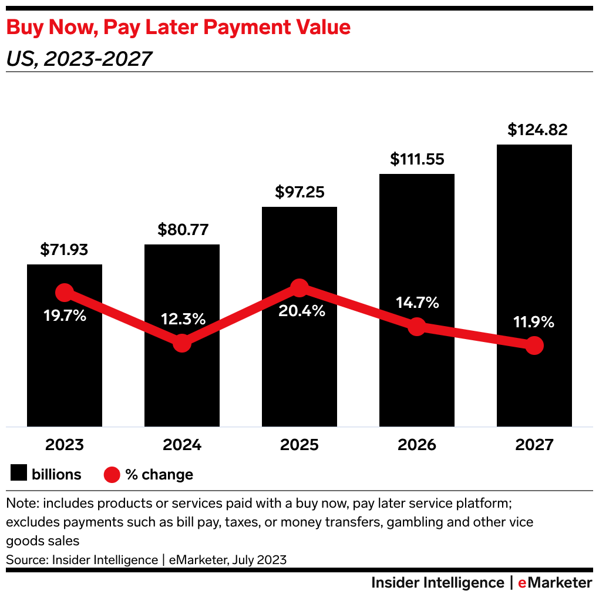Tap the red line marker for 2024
pyautogui.click(x=182, y=343)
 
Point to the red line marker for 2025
pyautogui.click(x=299, y=288)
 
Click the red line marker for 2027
pyautogui.click(x=534, y=346)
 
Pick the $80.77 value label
pyautogui.click(x=183, y=230)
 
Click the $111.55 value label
pyautogui.click(x=417, y=159)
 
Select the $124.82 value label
pyautogui.click(x=538, y=130)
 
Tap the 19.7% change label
pyautogui.click(x=65, y=316)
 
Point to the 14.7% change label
pyautogui.click(x=417, y=303)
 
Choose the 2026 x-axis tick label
pyautogui.click(x=417, y=445)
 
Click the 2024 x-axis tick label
pyautogui.click(x=182, y=445)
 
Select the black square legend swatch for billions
pyautogui.click(x=19, y=474)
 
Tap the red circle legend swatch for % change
pyautogui.click(x=112, y=474)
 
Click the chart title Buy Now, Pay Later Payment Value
pyautogui.click(x=178, y=28)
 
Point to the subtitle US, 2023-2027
pyautogui.click(x=79, y=59)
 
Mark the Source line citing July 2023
pyautogui.click(x=146, y=560)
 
